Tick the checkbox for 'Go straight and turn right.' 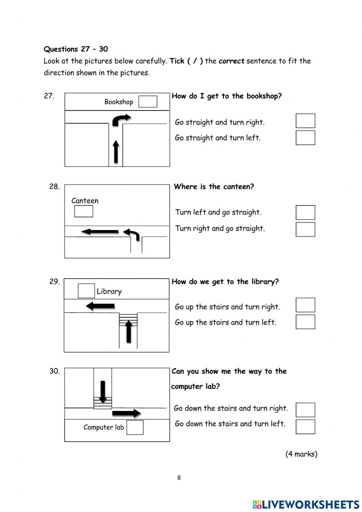coord(305,121)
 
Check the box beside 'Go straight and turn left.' coord(305,138)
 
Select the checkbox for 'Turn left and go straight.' coord(305,212)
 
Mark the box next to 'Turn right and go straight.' coord(305,229)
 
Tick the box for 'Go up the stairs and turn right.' coord(305,305)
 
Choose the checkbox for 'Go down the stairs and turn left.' coord(305,426)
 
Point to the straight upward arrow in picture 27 coord(116,152)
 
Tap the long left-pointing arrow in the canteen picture coord(100,232)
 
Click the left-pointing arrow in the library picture coord(100,306)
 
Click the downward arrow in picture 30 coord(103,392)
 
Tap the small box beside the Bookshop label coord(148,102)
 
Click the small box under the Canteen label coord(84,211)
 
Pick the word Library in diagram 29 coord(109,291)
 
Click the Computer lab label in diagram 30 coord(104,427)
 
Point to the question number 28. coord(54,187)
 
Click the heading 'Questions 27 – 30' coord(76,49)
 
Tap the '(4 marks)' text coord(301,454)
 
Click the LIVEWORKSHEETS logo coord(306,504)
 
